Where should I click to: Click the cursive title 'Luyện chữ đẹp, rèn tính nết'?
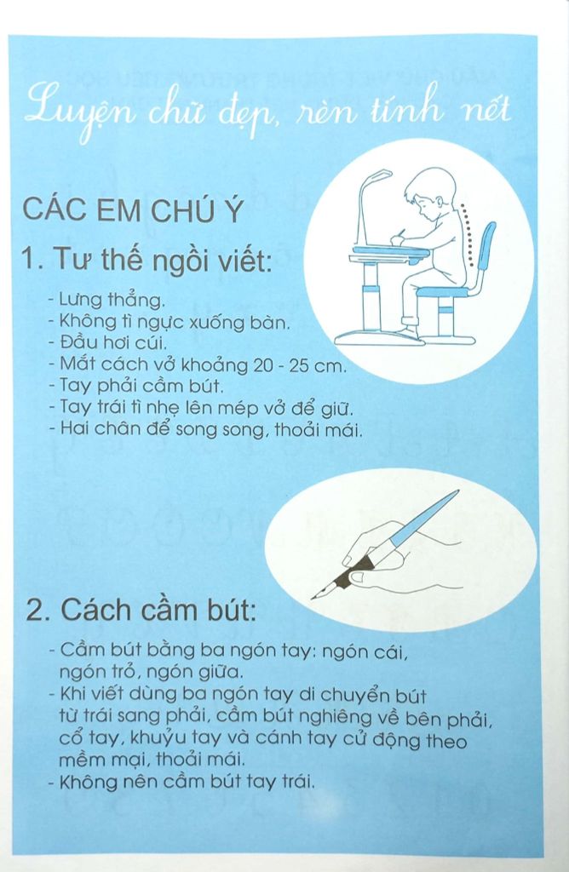click(x=267, y=112)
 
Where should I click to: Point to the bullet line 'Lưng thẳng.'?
click(x=106, y=301)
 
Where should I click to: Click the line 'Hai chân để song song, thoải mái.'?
click(x=205, y=429)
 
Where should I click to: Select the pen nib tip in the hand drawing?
click(x=315, y=597)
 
